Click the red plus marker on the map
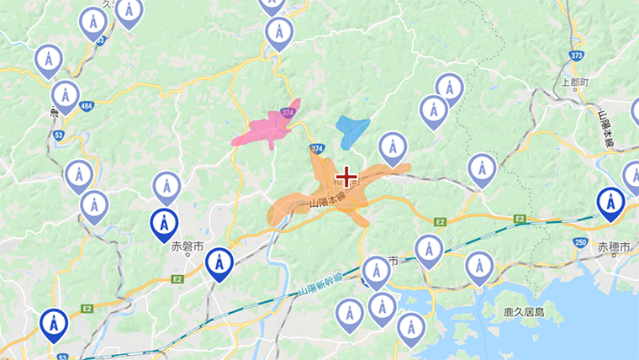(x=346, y=177)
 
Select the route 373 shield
(x=576, y=55)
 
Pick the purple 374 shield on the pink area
(x=288, y=112)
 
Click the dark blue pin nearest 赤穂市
(x=610, y=203)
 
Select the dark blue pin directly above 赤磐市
(x=164, y=225)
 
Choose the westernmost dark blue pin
(x=54, y=324)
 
